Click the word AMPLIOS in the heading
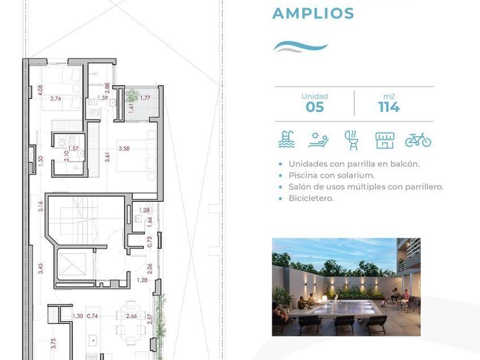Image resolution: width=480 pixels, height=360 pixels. (313, 14)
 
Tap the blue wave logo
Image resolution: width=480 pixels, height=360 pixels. (301, 47)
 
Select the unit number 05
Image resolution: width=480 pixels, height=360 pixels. (314, 107)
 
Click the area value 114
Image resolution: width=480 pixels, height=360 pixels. (389, 107)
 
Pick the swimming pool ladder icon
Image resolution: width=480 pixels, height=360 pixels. (286, 139)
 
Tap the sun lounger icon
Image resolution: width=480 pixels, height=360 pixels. (318, 140)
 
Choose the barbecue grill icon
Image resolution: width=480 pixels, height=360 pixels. (352, 140)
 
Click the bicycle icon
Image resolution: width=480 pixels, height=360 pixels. (418, 140)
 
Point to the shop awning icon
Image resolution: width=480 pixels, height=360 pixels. (385, 140)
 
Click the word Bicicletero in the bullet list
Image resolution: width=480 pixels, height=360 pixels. (311, 198)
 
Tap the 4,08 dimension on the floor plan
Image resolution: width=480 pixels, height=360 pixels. (41, 90)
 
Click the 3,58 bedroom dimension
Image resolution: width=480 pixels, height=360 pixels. (124, 149)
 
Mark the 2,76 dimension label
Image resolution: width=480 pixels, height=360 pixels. (56, 98)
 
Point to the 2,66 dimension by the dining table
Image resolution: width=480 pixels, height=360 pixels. (131, 316)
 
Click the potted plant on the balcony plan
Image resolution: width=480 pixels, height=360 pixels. (132, 95)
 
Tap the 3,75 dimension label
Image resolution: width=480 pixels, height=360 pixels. (54, 343)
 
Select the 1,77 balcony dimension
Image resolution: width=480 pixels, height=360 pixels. (145, 98)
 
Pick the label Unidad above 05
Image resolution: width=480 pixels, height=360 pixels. (314, 97)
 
